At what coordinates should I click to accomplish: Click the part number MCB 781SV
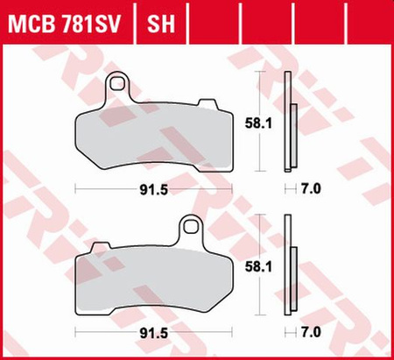point(65,19)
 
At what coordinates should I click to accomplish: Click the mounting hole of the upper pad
point(117,86)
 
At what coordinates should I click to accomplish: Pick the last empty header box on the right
point(376,19)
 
